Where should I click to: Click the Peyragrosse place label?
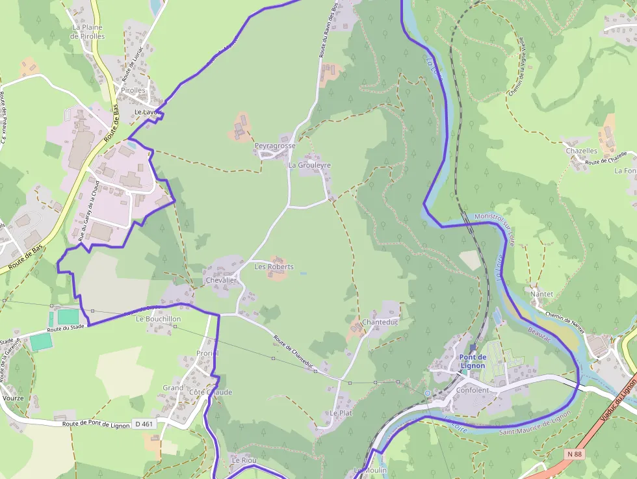(x=275, y=146)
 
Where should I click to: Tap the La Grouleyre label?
(x=309, y=166)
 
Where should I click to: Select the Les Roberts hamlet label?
(x=274, y=267)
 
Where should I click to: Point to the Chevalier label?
(x=221, y=281)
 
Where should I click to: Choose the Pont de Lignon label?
(x=473, y=361)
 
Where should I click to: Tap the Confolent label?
(x=473, y=391)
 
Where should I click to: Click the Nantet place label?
(x=541, y=294)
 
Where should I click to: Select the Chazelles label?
(x=581, y=151)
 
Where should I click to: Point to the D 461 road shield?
(x=144, y=424)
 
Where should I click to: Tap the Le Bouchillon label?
(x=159, y=320)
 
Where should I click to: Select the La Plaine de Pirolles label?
(x=88, y=32)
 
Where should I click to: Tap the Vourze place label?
(x=13, y=398)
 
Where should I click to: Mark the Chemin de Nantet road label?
(x=565, y=321)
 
